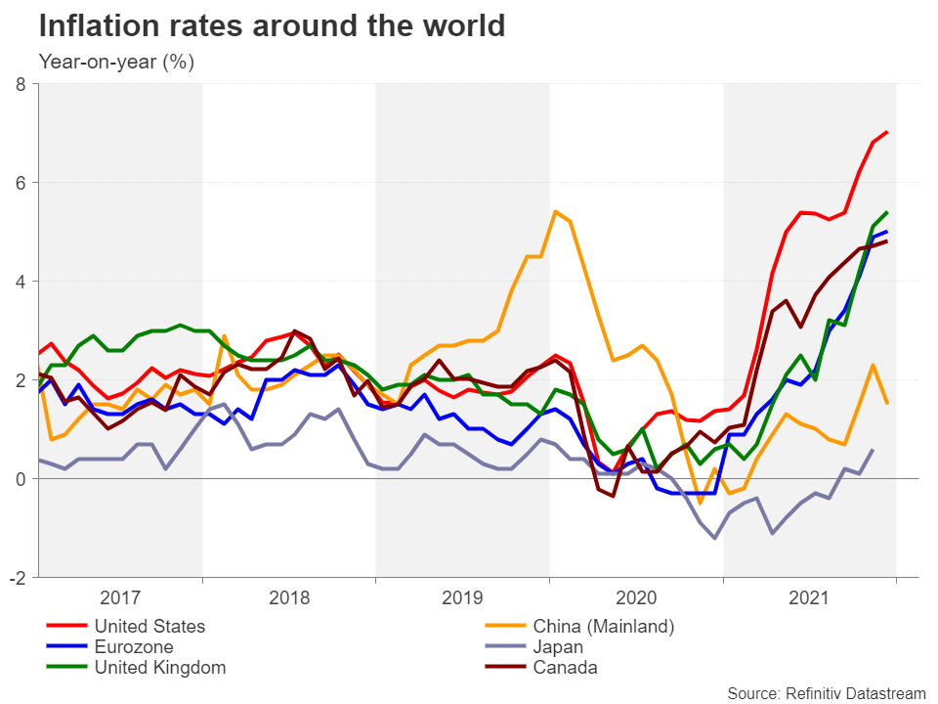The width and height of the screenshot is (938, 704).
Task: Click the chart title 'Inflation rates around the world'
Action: click(272, 26)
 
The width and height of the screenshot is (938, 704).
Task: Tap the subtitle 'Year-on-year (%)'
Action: click(116, 63)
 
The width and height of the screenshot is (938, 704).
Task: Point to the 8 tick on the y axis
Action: click(20, 84)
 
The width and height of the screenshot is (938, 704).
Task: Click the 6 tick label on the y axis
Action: click(20, 183)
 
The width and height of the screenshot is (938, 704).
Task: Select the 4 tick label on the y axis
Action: click(20, 282)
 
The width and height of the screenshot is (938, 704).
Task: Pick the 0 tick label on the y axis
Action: click(20, 479)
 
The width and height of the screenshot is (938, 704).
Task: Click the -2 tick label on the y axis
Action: click(17, 578)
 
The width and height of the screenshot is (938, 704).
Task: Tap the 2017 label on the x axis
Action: click(120, 597)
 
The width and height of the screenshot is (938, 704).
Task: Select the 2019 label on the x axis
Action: click(463, 597)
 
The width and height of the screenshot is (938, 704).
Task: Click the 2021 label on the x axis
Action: click(809, 597)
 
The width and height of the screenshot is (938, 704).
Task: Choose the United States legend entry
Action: click(149, 626)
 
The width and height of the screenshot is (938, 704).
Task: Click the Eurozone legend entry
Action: click(134, 646)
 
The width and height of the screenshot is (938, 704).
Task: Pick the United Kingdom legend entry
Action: click(159, 668)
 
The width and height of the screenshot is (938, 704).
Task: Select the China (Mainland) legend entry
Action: click(604, 626)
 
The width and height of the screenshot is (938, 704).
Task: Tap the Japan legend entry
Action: click(558, 646)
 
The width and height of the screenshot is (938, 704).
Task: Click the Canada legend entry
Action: click(565, 668)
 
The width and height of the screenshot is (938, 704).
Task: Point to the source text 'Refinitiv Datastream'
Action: click(827, 693)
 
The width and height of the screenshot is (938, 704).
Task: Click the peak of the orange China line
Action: click(555, 211)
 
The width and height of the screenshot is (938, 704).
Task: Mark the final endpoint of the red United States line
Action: click(887, 132)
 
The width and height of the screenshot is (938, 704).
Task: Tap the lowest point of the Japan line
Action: click(715, 538)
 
